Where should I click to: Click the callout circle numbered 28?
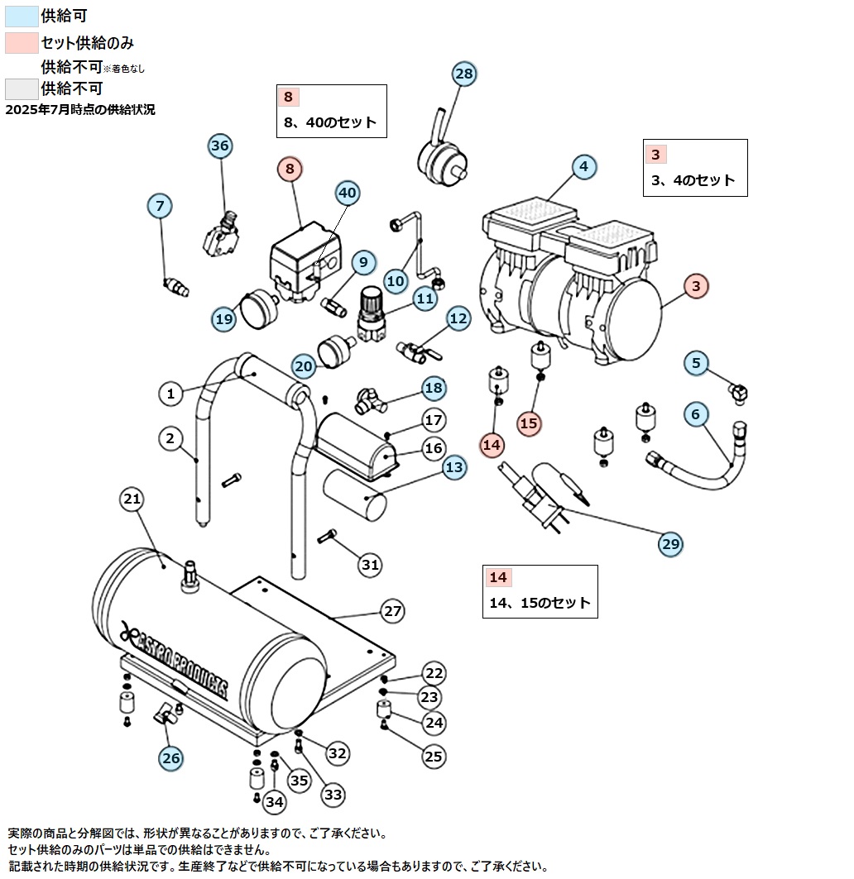pos(464,74)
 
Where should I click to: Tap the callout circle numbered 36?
pos(219,146)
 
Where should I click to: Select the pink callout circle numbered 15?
pos(529,423)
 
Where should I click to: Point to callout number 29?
pos(670,543)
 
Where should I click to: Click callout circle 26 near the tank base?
pos(171,757)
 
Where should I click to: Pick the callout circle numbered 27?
pos(392,611)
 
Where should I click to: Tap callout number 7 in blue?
pos(160,205)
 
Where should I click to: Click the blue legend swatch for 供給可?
pos(21,16)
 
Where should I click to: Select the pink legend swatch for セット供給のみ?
pos(21,42)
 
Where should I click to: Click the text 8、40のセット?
pos(329,122)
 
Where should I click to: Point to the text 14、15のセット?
pos(540,603)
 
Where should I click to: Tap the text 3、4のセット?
pos(693,179)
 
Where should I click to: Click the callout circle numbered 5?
pos(696,362)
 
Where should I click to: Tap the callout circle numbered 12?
pos(458,318)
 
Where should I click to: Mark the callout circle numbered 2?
pos(170,438)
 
